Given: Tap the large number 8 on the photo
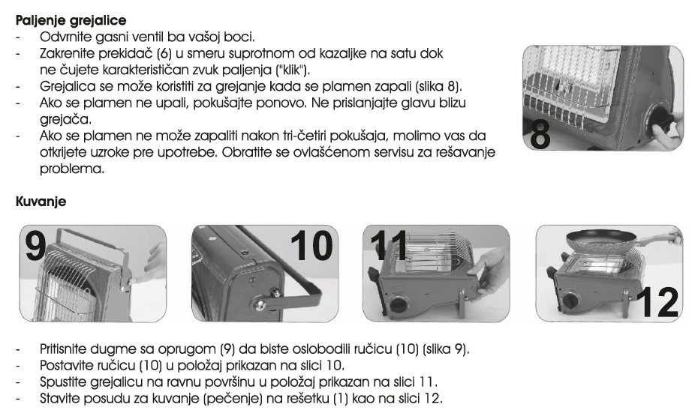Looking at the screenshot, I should click(539, 134).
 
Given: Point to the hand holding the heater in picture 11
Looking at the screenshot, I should click(488, 270).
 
